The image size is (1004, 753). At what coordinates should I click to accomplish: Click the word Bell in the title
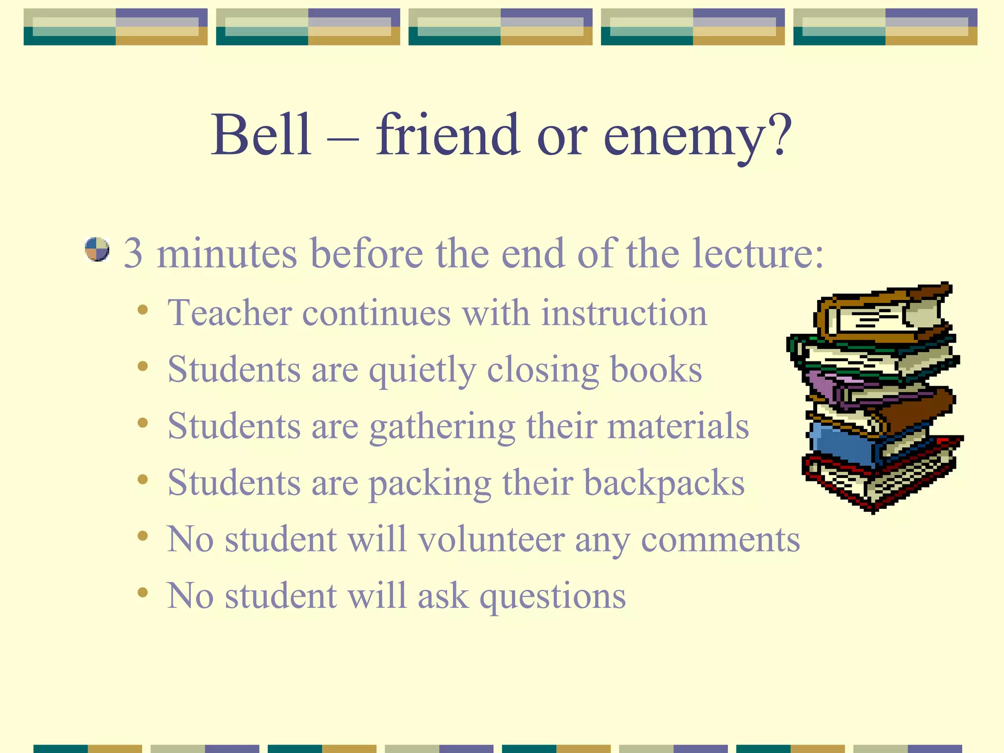click(x=261, y=135)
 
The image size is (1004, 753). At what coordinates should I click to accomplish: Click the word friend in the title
click(x=447, y=135)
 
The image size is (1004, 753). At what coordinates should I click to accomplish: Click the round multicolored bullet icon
click(x=97, y=250)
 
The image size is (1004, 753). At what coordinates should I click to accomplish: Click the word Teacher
click(x=229, y=313)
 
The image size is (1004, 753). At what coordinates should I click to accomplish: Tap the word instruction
click(x=624, y=313)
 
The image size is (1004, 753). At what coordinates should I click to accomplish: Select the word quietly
click(x=422, y=371)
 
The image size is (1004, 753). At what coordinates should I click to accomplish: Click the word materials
click(x=678, y=426)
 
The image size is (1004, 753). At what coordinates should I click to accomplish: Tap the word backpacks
click(x=664, y=483)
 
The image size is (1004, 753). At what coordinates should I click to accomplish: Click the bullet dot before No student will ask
click(x=143, y=593)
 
